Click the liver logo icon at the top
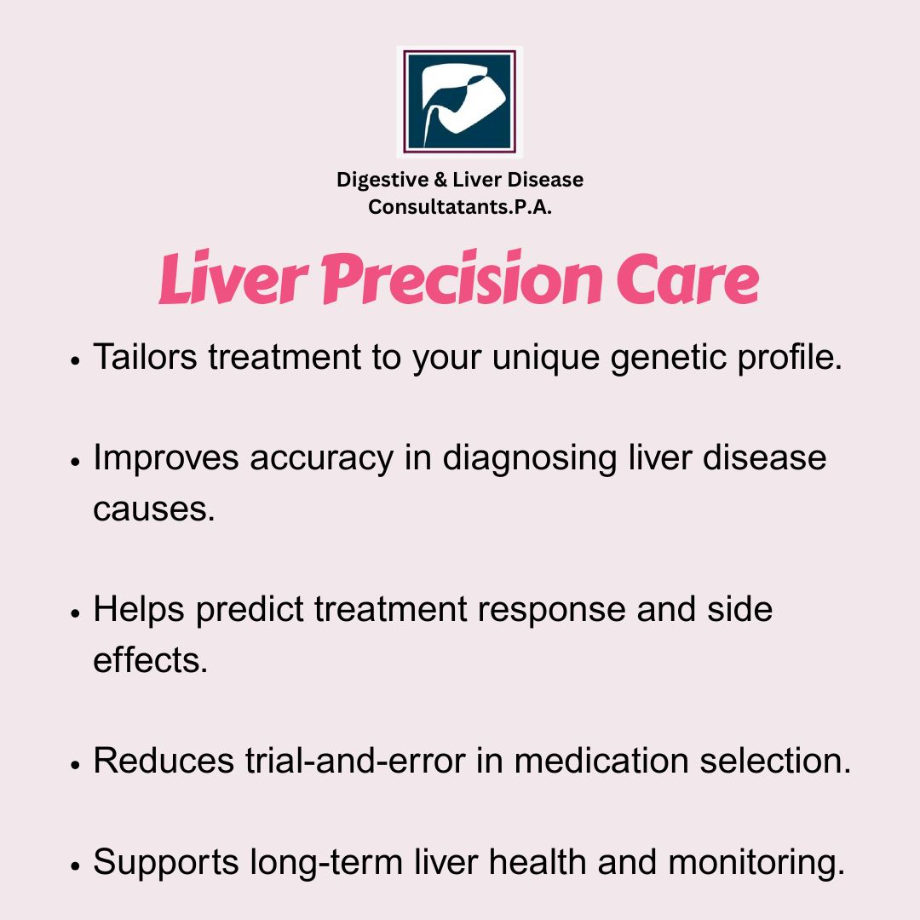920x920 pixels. (x=459, y=101)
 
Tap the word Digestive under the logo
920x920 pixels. (x=382, y=180)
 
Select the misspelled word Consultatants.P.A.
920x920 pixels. (x=460, y=207)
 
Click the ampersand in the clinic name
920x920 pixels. (x=440, y=180)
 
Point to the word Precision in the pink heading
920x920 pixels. (x=462, y=278)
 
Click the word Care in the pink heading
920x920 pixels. (x=687, y=279)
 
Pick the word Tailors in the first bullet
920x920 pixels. (x=145, y=356)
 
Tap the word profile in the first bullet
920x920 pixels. (x=789, y=357)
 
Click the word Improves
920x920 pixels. (x=166, y=458)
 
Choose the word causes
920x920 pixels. (x=153, y=509)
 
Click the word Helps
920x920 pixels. (x=139, y=610)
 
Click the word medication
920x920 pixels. (x=601, y=761)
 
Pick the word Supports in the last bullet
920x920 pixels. (x=165, y=863)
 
